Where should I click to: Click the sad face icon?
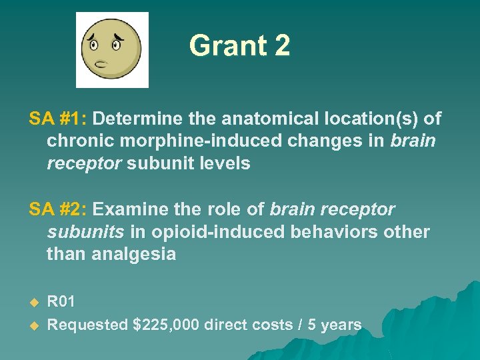[x=111, y=49]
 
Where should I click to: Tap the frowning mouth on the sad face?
[x=103, y=65]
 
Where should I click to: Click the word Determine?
[x=137, y=119]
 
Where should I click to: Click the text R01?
[x=61, y=302]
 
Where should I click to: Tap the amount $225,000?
[x=166, y=325]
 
